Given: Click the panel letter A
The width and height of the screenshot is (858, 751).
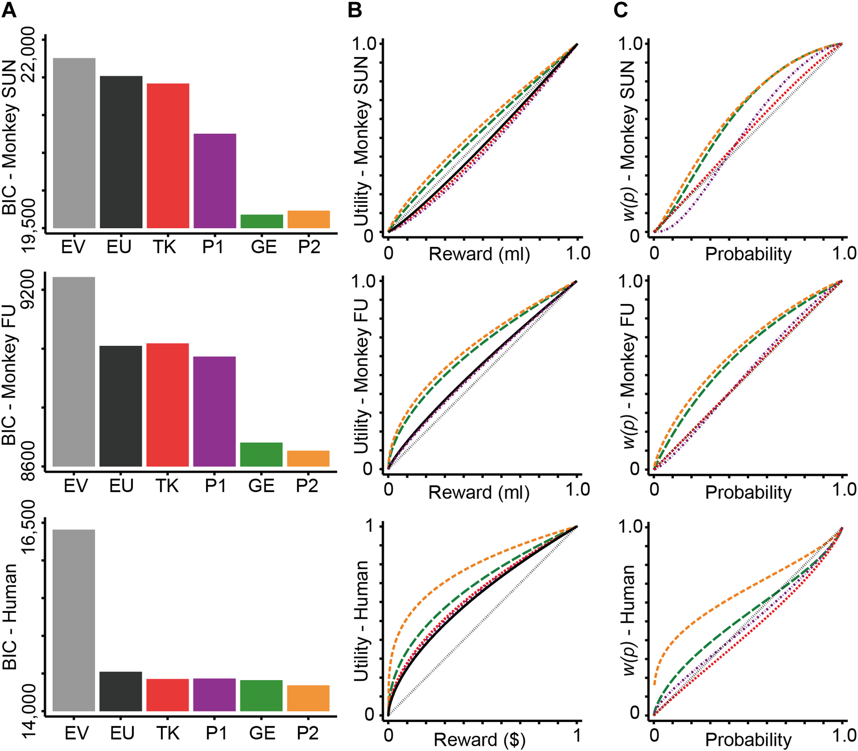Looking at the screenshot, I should (9, 10).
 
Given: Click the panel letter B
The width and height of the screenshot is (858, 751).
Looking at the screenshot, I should (355, 10).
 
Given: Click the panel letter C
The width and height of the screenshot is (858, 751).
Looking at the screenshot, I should (621, 10).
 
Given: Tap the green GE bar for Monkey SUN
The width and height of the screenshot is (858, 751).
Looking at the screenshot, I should (262, 221).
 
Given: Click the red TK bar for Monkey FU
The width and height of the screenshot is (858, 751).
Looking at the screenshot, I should (168, 405).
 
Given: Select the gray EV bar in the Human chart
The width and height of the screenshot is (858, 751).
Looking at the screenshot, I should (74, 620).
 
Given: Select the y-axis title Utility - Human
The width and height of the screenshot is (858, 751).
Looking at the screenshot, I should (361, 620).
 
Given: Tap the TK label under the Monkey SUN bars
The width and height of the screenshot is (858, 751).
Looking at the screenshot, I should (164, 247).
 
